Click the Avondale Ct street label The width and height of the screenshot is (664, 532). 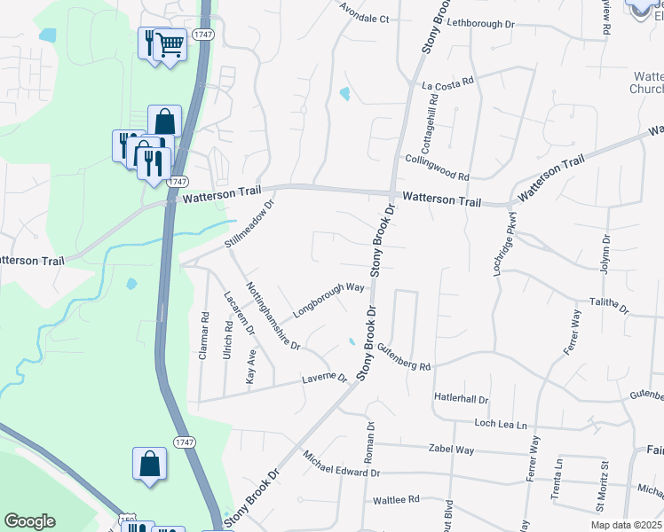366,19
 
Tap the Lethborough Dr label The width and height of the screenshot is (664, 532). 482,23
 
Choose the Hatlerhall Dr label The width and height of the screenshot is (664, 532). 462,398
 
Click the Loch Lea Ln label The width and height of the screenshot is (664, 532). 507,425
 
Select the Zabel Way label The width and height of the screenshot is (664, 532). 451,450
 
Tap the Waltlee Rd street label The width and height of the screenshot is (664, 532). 396,500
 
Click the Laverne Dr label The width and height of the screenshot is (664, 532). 325,379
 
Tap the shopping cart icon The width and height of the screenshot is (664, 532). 170,43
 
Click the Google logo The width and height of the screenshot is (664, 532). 29,521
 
